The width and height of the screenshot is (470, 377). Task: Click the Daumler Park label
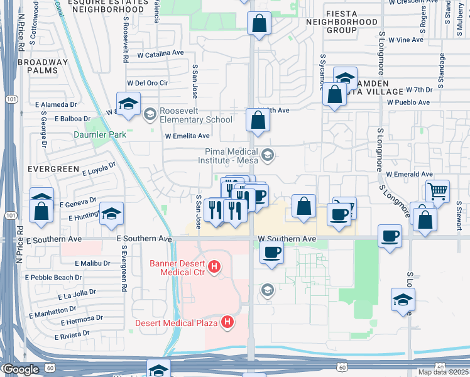tap(100, 134)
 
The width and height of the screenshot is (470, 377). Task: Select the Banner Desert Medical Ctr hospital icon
tap(215, 266)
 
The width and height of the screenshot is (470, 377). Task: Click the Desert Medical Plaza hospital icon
tap(227, 323)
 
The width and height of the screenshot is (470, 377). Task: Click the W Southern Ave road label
tap(287, 239)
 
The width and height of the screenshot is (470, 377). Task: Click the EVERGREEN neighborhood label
tap(52, 169)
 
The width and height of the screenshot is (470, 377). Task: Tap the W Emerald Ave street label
tap(410, 174)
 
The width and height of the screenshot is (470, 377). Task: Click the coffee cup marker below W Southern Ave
tap(271, 253)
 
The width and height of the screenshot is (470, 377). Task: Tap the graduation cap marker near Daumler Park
tap(128, 104)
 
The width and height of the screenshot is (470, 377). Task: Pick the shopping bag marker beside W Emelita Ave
tap(258, 120)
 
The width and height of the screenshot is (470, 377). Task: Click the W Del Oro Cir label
tap(148, 82)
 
